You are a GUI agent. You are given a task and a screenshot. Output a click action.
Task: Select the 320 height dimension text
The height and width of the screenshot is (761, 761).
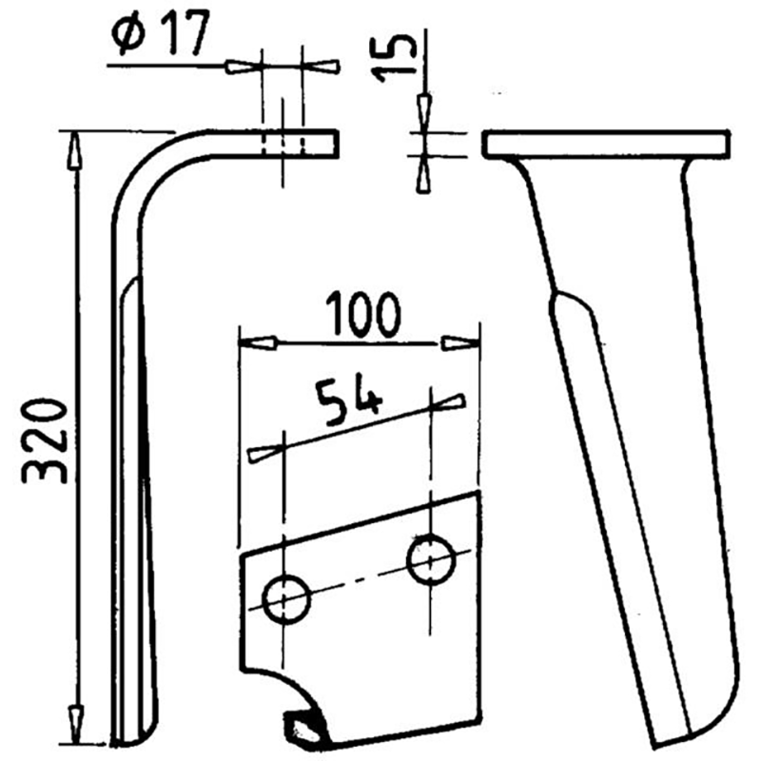(44, 441)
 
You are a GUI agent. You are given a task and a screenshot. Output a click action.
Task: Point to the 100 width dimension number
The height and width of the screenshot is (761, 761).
(363, 315)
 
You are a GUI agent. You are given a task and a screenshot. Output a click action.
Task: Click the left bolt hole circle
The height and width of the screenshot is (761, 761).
(286, 599)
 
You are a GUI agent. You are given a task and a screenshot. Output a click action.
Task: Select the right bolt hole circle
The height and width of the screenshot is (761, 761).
(431, 559)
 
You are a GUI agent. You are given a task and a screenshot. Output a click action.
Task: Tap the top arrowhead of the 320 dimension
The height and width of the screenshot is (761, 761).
(74, 151)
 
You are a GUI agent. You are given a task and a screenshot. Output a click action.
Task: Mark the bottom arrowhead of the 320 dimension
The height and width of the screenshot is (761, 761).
(75, 724)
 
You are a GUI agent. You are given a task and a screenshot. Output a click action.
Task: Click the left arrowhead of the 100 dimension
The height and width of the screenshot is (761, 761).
(258, 342)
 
